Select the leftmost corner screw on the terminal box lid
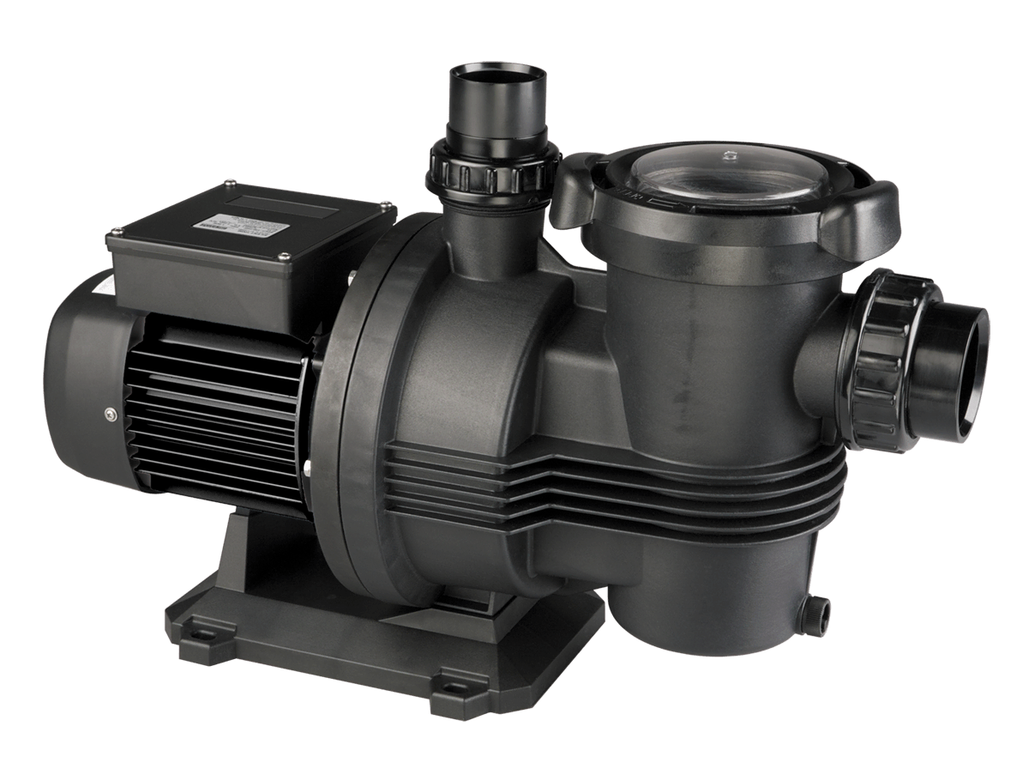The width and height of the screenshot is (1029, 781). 112,230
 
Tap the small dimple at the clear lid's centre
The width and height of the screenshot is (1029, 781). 728,157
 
